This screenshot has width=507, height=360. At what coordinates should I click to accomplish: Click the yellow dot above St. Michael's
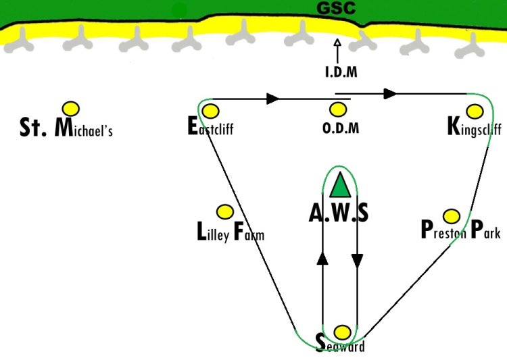(x=70, y=108)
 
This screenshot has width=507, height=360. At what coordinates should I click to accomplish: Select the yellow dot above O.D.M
(x=337, y=109)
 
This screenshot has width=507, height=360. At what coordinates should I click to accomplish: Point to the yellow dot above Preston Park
(x=452, y=216)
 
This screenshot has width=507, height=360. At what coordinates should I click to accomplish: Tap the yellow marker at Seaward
(x=343, y=332)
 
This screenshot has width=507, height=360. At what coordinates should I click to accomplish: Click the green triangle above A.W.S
(x=340, y=185)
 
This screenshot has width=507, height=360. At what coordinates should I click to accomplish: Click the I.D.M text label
(x=339, y=72)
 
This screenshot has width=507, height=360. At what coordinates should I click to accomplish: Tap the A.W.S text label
(x=339, y=213)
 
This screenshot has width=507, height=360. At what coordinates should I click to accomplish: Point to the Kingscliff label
(x=474, y=128)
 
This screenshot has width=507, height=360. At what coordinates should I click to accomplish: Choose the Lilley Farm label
(x=230, y=234)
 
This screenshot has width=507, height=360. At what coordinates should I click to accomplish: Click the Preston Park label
(x=460, y=231)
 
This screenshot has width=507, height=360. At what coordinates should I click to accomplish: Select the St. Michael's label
(x=66, y=128)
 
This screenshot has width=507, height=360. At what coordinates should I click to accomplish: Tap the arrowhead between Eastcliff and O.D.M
(x=273, y=99)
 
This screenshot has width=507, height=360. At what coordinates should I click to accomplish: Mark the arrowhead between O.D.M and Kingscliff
(x=390, y=93)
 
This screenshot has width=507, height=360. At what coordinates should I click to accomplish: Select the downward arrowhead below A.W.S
(x=358, y=261)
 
